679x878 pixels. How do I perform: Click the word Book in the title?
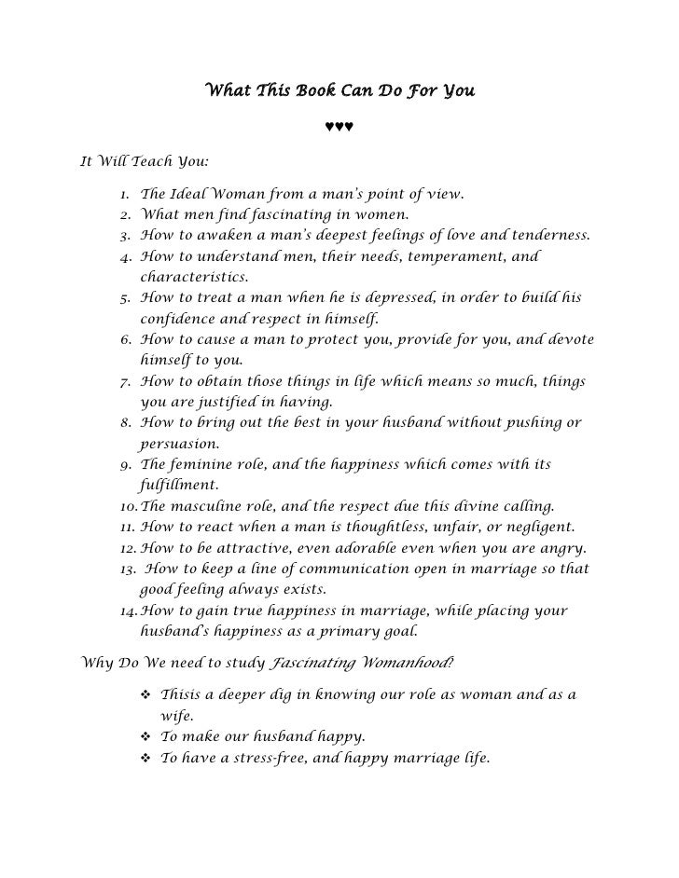pyautogui.click(x=323, y=91)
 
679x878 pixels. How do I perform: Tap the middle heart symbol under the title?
pyautogui.click(x=339, y=127)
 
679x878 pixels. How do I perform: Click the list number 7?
pyautogui.click(x=125, y=382)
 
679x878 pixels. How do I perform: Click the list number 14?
pyautogui.click(x=130, y=610)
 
